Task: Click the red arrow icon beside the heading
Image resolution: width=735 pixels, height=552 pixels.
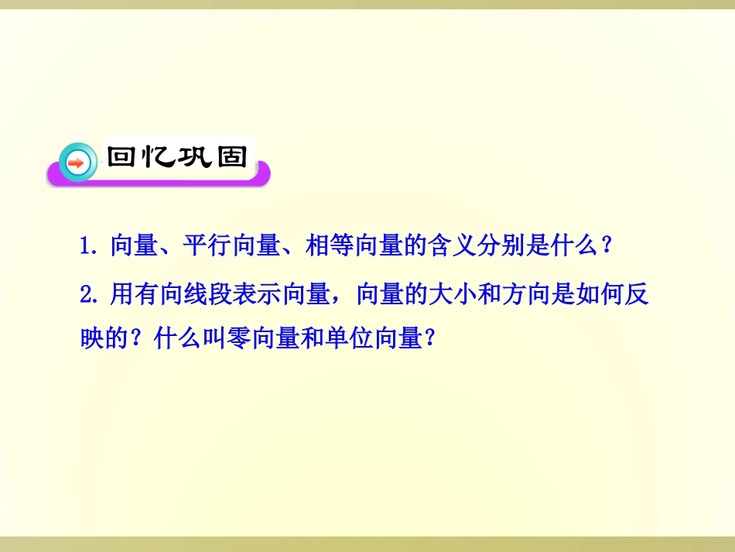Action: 77,163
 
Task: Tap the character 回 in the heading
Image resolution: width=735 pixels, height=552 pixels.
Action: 123,156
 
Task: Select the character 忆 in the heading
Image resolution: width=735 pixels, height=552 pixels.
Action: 159,156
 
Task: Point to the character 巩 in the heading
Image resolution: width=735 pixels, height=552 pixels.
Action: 195,156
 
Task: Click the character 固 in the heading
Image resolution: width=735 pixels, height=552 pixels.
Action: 231,156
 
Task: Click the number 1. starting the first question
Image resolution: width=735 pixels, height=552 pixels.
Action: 90,247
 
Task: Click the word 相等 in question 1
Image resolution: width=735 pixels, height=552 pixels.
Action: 326,247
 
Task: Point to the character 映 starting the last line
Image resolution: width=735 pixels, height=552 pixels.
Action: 93,338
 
